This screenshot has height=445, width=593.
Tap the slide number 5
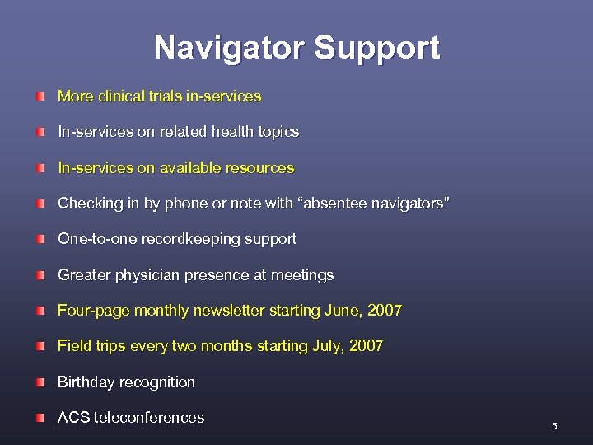(554, 426)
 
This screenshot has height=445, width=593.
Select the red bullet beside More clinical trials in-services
(40, 97)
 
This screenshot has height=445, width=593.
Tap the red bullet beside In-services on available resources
(40, 169)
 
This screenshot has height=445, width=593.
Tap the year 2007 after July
(366, 346)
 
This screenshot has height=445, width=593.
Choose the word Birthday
(86, 382)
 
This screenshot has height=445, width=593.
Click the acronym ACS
(74, 418)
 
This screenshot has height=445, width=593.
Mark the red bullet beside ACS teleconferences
(40, 419)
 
